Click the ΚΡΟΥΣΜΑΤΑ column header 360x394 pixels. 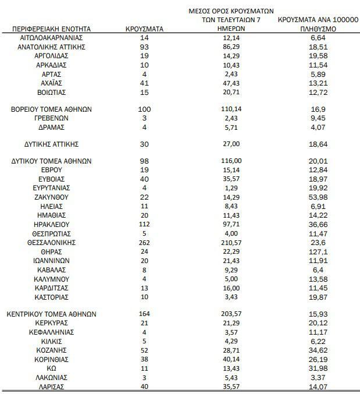[144, 29]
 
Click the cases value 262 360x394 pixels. [145, 242]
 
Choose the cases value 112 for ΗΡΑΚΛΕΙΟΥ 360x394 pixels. [145, 225]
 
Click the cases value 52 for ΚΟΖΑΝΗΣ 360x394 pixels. [145, 350]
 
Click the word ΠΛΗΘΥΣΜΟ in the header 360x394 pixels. [317, 29]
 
